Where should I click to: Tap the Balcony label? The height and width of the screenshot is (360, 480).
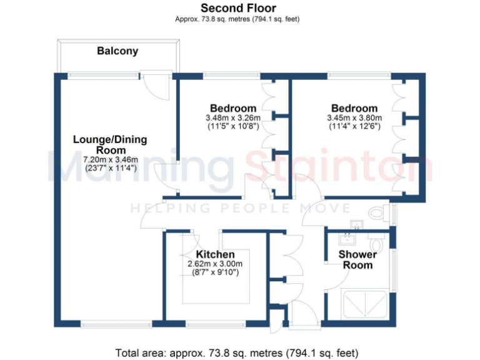coord(117,51)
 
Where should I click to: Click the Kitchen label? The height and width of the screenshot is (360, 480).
coord(216,254)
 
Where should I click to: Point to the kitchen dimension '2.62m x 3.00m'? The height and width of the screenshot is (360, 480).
coord(215,264)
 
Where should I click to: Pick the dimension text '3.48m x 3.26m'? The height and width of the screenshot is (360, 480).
coord(232,117)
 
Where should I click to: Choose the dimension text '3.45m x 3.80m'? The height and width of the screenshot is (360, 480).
coord(354,117)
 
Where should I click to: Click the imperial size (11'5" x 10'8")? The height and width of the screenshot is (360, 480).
coord(232,126)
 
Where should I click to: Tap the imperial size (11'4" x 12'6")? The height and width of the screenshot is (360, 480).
coord(354,126)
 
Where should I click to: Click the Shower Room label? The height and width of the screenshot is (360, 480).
coord(357,259)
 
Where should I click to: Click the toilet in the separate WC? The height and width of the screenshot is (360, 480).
coord(377,213)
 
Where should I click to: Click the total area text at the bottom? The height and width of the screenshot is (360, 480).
coord(237,352)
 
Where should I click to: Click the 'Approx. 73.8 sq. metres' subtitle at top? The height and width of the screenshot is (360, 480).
coord(237,19)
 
